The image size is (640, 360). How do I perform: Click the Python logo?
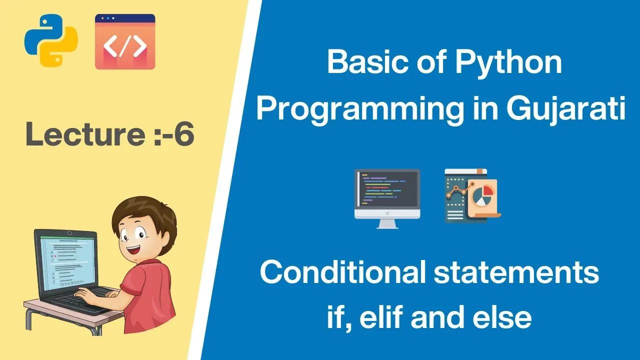click(x=51, y=40)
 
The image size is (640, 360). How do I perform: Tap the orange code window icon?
click(x=125, y=41)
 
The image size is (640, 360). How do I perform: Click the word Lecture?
click(x=85, y=133)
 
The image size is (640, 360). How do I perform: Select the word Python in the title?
click(x=508, y=63)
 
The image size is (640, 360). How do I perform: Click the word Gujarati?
click(x=566, y=110)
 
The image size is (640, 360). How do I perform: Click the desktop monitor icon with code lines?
click(x=387, y=199)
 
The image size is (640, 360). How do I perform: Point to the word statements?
click(x=516, y=273)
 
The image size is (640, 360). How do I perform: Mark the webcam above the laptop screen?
click(x=69, y=233)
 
